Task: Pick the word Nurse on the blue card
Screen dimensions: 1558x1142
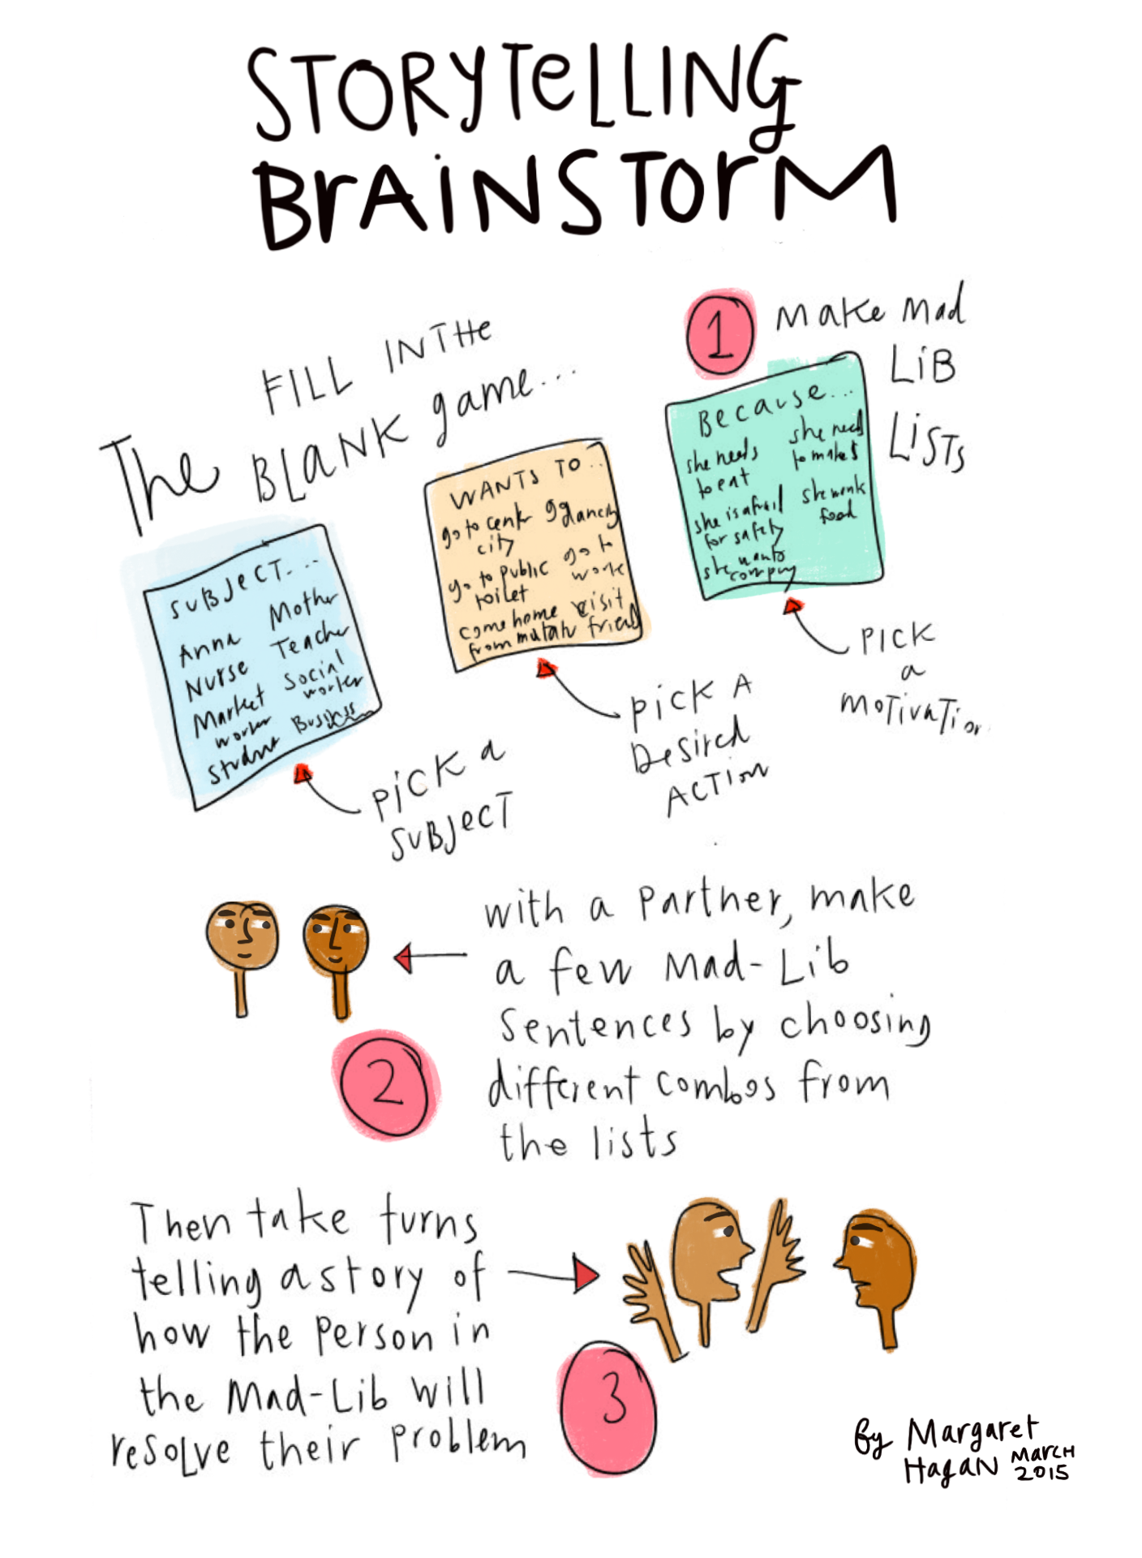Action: click(216, 680)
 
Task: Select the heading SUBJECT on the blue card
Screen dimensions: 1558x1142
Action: click(227, 588)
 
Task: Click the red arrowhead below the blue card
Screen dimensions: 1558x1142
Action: click(303, 773)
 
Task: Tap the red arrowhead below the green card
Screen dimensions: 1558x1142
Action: click(794, 605)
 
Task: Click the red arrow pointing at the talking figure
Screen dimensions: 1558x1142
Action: click(586, 1273)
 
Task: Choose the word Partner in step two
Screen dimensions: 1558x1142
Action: click(710, 902)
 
